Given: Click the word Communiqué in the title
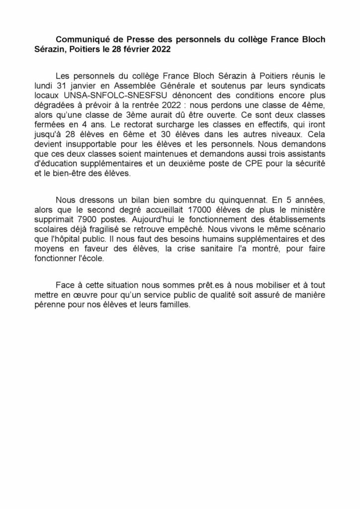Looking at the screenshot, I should click(81, 39).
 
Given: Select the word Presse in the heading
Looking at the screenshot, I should click(134, 39).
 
